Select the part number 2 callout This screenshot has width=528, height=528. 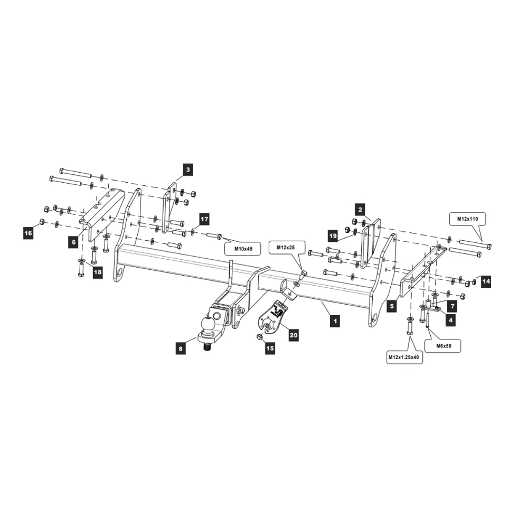[360, 209]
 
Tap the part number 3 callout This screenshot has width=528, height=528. [188, 169]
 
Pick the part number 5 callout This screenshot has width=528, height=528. [391, 306]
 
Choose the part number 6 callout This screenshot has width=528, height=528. [74, 242]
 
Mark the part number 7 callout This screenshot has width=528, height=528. [451, 306]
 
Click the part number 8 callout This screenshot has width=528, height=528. [181, 348]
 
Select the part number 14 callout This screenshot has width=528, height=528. [486, 282]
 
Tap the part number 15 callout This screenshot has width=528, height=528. [270, 348]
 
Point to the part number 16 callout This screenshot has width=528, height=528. [28, 232]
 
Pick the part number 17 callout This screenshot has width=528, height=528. [204, 218]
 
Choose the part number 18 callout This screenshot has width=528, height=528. [97, 272]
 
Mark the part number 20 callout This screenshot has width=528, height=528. [294, 334]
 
